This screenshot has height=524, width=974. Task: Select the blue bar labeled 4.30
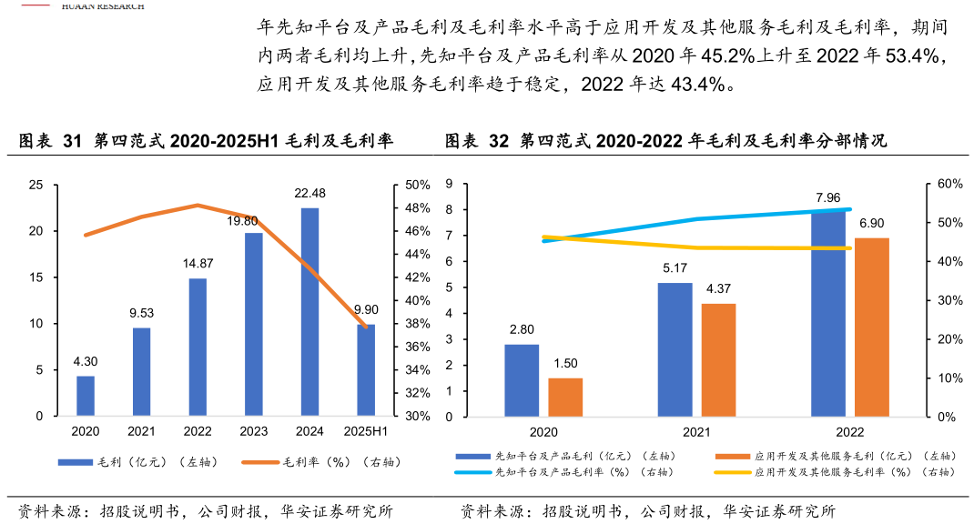(x=86, y=396)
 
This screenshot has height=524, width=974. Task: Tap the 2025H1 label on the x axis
(x=366, y=431)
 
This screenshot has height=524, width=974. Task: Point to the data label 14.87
(x=198, y=264)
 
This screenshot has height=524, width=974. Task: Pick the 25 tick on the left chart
(x=36, y=185)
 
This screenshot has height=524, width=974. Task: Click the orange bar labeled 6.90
(x=872, y=327)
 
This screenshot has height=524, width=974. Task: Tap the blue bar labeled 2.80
(x=522, y=380)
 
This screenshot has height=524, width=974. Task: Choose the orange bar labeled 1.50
(x=565, y=398)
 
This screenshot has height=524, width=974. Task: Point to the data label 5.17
(x=675, y=268)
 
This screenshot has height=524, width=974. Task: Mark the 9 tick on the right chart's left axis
(x=449, y=184)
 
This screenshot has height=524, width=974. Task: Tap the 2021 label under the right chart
(x=696, y=432)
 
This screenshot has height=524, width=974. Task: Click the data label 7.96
(x=828, y=197)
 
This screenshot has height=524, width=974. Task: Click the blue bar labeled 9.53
(x=141, y=372)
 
